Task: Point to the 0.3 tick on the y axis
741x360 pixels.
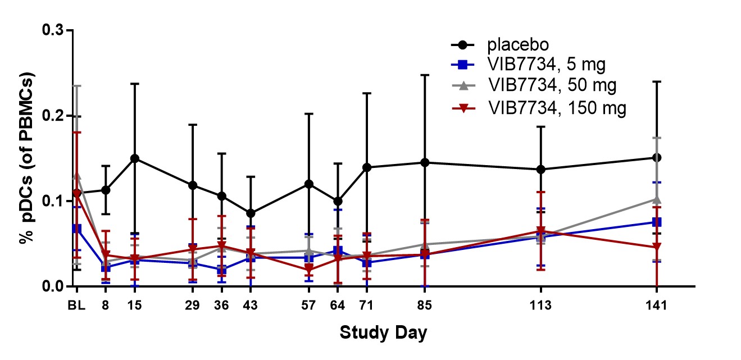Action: pos(54,30)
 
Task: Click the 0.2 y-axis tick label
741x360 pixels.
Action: pos(54,116)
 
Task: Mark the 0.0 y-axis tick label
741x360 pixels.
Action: pos(54,286)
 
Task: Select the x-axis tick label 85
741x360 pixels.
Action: pos(425,306)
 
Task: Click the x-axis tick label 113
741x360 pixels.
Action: pos(541,306)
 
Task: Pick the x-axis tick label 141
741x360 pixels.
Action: pos(657,306)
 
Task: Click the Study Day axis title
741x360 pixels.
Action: pos(383,332)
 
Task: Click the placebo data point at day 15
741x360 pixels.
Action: pos(135,158)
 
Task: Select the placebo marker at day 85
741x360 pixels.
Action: pos(425,162)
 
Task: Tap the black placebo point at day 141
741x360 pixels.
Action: pos(657,158)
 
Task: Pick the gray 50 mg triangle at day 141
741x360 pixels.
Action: pos(657,199)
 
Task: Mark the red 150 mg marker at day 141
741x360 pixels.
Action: pos(657,247)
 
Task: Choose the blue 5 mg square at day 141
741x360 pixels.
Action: pos(657,222)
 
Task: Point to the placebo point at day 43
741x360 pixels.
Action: pos(251,213)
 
